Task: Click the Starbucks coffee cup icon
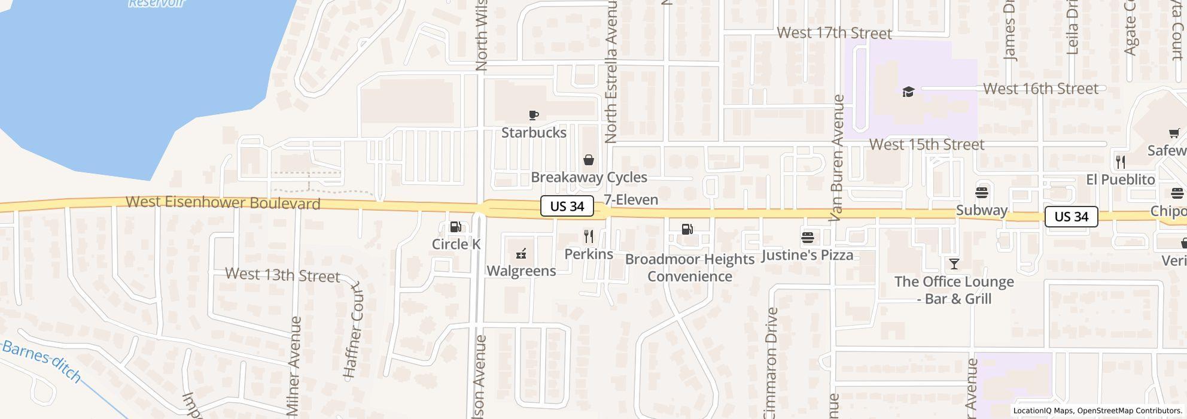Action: click(x=534, y=115)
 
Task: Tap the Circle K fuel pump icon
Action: click(x=455, y=227)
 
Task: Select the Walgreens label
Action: click(x=521, y=271)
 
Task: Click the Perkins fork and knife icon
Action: click(x=589, y=236)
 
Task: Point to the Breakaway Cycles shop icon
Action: click(x=589, y=160)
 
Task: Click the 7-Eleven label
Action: click(x=631, y=200)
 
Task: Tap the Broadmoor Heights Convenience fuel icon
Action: click(x=687, y=229)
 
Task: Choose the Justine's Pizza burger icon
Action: click(x=807, y=238)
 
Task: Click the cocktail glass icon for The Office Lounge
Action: click(x=954, y=264)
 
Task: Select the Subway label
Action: click(x=981, y=211)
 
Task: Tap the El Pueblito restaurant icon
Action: click(x=1121, y=162)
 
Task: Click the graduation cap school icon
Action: click(x=908, y=92)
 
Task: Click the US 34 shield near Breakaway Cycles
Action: click(x=567, y=207)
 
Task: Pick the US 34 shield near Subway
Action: click(x=1071, y=217)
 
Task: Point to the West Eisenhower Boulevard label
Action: click(x=223, y=203)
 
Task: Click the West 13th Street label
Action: click(x=282, y=275)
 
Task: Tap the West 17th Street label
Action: click(x=834, y=33)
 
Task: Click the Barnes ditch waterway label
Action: click(x=42, y=359)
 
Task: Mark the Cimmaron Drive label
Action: click(x=771, y=362)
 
